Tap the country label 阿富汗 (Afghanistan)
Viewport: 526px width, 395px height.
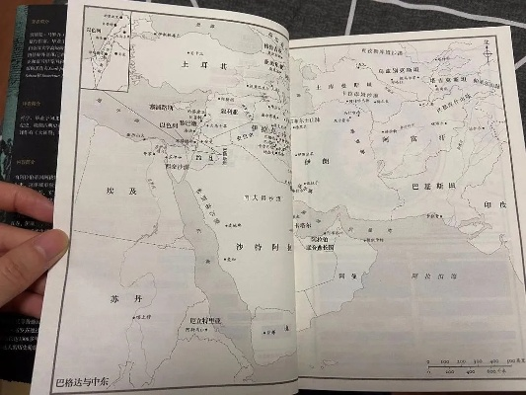pos(396,139)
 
